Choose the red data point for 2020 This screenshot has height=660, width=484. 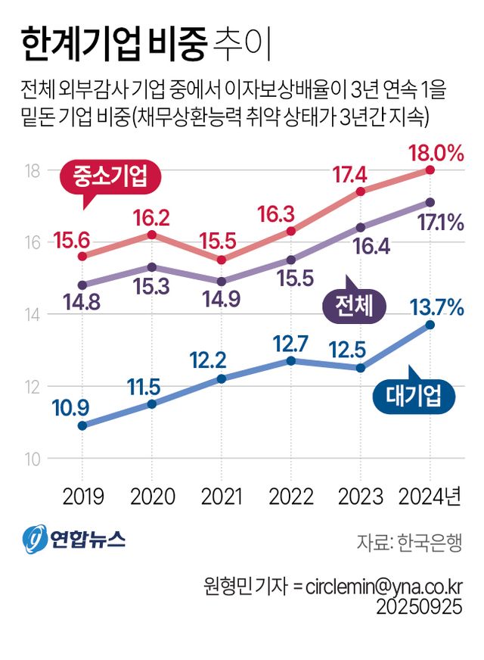tap(151, 235)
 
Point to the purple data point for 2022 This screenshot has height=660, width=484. tap(290, 260)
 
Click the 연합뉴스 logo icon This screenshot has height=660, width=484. tap(34, 540)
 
